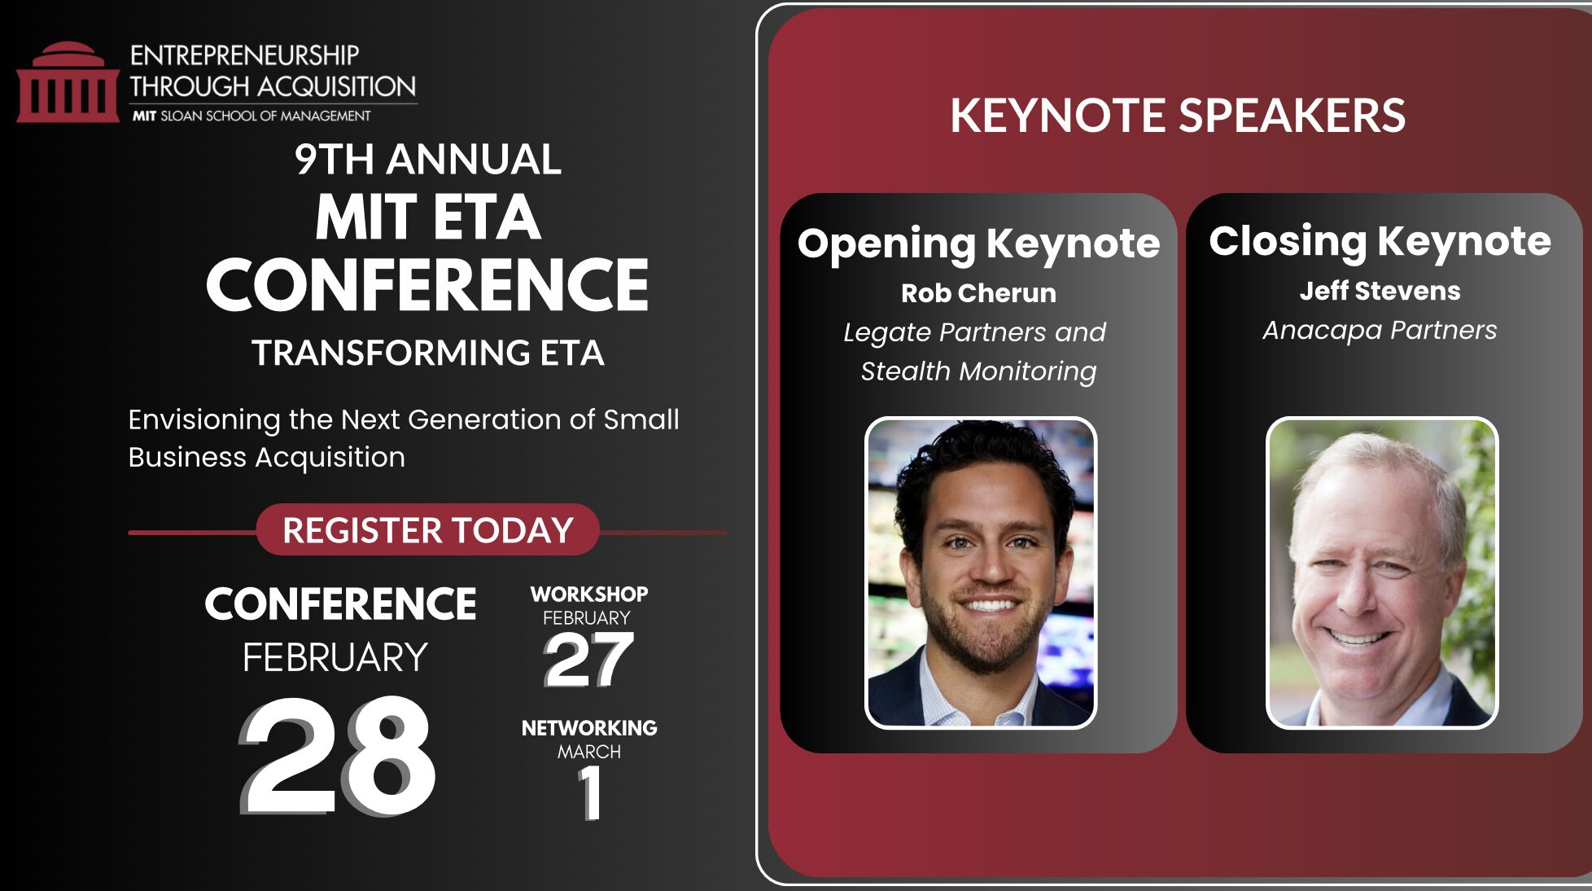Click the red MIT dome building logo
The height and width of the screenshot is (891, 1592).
click(68, 82)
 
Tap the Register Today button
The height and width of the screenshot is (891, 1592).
click(428, 530)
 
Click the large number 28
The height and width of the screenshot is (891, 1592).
click(338, 756)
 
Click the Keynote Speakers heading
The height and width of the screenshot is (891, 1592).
click(1178, 115)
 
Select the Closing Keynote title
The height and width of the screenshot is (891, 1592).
click(1380, 242)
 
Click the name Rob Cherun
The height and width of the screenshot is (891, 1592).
click(978, 293)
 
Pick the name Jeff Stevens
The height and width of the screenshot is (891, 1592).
click(1380, 291)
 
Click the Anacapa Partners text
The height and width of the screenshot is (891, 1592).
click(1380, 330)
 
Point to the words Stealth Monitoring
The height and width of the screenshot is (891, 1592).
click(978, 371)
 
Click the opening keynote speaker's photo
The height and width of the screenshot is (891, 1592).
click(981, 573)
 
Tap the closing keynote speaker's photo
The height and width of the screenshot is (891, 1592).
click(1382, 573)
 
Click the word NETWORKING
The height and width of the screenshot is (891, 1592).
click(589, 727)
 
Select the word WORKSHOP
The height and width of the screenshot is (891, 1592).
click(589, 594)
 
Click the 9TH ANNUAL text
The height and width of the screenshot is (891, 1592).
click(428, 159)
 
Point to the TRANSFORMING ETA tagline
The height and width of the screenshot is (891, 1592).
click(428, 353)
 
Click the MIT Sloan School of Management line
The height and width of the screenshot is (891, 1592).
click(251, 116)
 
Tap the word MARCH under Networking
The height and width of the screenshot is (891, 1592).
click(589, 752)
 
